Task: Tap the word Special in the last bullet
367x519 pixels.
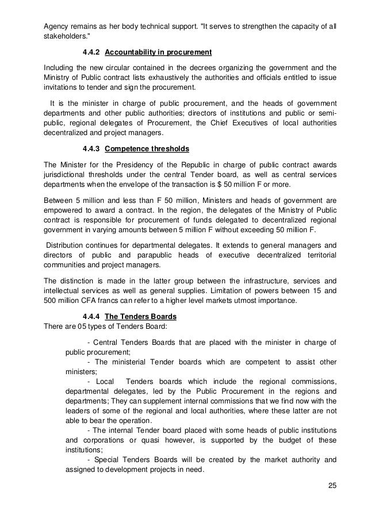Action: click(104, 460)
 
